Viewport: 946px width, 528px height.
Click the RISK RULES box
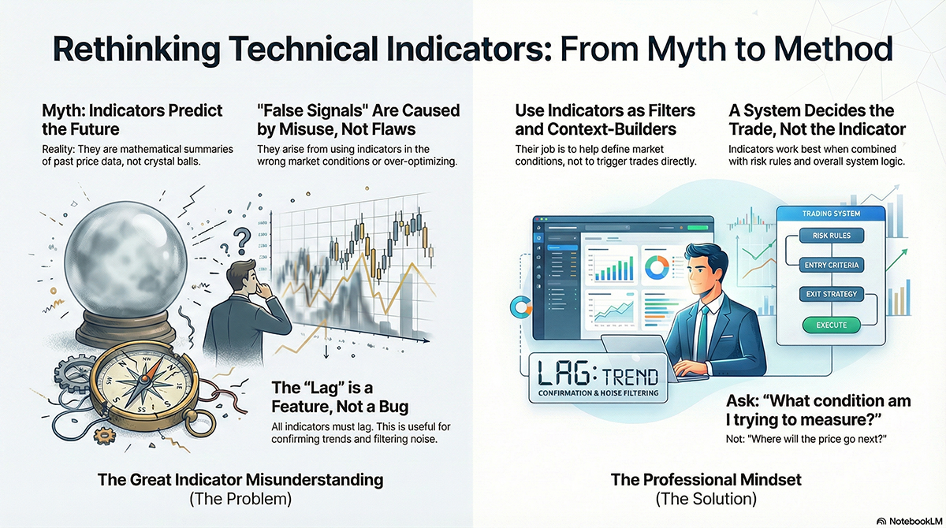(831, 236)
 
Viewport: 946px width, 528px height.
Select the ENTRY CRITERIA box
(831, 265)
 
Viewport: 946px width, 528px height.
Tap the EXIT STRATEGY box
(831, 294)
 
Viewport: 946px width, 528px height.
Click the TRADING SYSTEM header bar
(831, 214)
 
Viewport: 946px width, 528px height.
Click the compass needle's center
(144, 379)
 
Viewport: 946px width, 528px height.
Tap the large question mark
(243, 241)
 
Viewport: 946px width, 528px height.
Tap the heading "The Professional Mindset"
(706, 480)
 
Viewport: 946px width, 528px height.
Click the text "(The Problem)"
(240, 499)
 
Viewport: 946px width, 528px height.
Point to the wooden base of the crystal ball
(125, 329)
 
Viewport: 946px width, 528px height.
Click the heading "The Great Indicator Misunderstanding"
(240, 480)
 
